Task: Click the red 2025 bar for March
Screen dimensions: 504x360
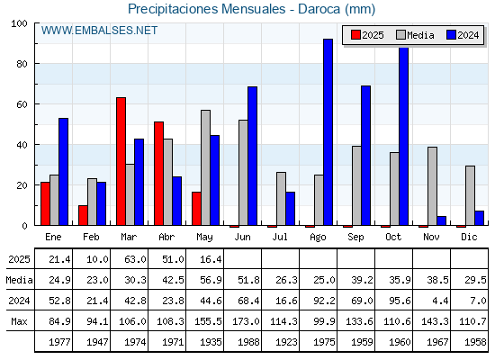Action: click(x=121, y=161)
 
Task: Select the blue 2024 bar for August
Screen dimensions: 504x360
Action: click(x=328, y=132)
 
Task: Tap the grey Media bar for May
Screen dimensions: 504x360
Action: click(x=206, y=167)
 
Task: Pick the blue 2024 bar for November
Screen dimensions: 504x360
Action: click(x=442, y=220)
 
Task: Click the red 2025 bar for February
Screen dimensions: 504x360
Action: click(x=83, y=215)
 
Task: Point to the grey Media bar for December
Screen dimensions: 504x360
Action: click(x=470, y=195)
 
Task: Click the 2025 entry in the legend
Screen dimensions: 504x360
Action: click(x=367, y=35)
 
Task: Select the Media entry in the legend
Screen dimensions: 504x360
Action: click(x=415, y=35)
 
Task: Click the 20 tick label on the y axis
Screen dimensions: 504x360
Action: click(x=22, y=185)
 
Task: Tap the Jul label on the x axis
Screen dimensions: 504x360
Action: click(x=280, y=237)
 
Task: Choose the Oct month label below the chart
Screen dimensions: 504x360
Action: click(x=393, y=237)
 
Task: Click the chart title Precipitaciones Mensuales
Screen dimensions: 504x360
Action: click(x=206, y=9)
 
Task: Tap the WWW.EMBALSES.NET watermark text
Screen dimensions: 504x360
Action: click(x=99, y=31)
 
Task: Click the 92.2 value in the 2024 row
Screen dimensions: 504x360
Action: click(x=324, y=301)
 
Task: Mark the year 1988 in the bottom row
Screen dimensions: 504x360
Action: click(x=248, y=342)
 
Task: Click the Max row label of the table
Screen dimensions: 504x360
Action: click(x=19, y=321)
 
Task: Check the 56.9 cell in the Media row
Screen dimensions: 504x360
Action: click(x=211, y=280)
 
